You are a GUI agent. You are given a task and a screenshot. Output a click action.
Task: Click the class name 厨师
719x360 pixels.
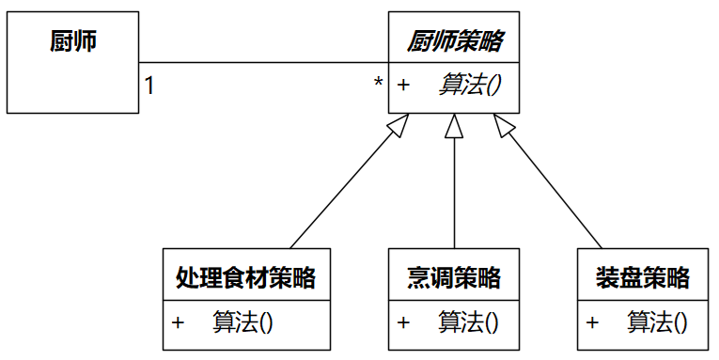pyautogui.click(x=72, y=42)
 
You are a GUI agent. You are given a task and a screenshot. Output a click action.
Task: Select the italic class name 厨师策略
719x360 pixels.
pyautogui.click(x=454, y=41)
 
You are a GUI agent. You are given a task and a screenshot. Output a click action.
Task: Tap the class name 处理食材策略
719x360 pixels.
pyautogui.click(x=245, y=277)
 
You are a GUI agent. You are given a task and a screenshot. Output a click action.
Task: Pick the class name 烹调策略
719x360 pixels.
pyautogui.click(x=453, y=277)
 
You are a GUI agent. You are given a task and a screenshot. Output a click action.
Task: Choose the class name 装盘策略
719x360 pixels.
pyautogui.click(x=643, y=277)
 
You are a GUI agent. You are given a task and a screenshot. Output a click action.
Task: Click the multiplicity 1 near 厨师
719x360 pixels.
pyautogui.click(x=149, y=86)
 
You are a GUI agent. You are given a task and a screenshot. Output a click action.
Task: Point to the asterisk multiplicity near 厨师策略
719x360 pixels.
pyautogui.click(x=378, y=84)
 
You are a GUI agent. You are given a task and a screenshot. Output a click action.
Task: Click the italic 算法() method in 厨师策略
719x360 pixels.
pyautogui.click(x=468, y=86)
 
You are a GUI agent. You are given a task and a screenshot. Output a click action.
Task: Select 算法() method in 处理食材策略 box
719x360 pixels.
pyautogui.click(x=242, y=322)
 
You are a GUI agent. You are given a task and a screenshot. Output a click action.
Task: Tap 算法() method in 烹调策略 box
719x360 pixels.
pyautogui.click(x=467, y=322)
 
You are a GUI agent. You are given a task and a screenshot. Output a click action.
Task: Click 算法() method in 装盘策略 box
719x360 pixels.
pyautogui.click(x=657, y=322)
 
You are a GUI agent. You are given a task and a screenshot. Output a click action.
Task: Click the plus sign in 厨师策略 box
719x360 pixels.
pyautogui.click(x=403, y=86)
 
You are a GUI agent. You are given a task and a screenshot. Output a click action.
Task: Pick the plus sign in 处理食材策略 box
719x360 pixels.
pyautogui.click(x=178, y=322)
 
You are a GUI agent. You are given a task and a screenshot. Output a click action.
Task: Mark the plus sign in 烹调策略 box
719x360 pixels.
pyautogui.click(x=403, y=322)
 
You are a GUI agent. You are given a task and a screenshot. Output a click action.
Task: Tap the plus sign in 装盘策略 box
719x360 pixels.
pyautogui.click(x=592, y=322)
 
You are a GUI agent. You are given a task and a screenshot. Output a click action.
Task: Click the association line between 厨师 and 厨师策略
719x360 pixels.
pyautogui.click(x=263, y=63)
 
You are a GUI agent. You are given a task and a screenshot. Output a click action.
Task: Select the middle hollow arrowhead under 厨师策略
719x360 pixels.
pyautogui.click(x=455, y=125)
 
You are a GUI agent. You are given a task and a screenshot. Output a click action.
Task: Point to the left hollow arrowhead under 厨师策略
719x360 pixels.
pyautogui.click(x=399, y=126)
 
